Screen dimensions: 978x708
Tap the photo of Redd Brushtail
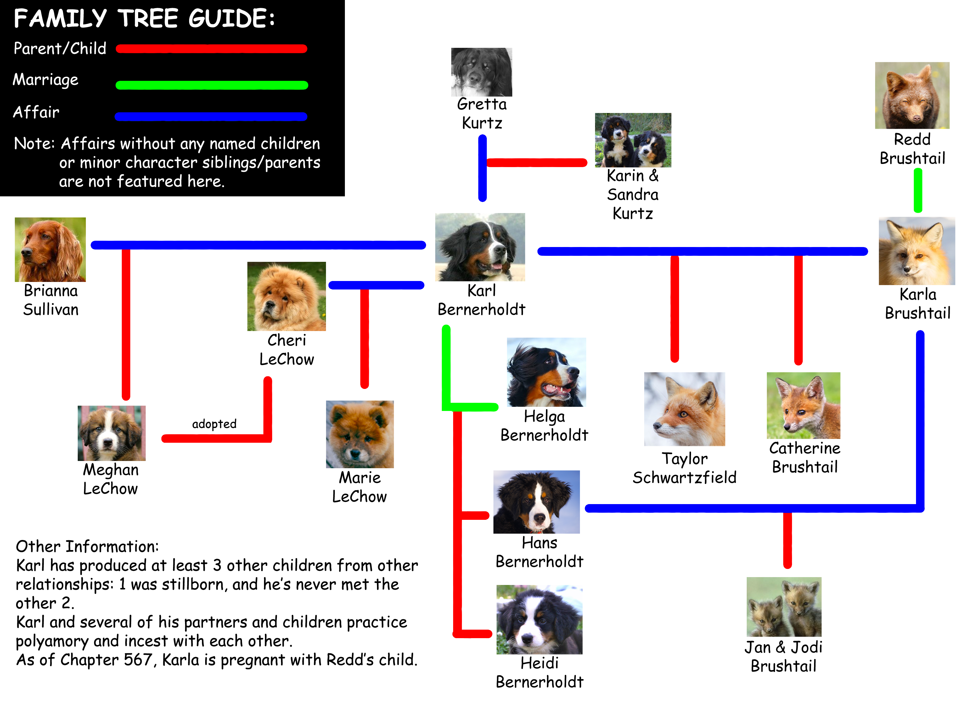pyautogui.click(x=912, y=95)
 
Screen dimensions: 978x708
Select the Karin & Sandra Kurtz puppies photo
pyautogui.click(x=633, y=140)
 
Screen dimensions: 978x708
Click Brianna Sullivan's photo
pyautogui.click(x=50, y=250)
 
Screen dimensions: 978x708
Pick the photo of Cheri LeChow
pyautogui.click(x=286, y=296)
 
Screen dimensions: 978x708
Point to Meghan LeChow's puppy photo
pyautogui.click(x=112, y=433)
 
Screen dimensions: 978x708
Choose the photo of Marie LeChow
pyautogui.click(x=360, y=435)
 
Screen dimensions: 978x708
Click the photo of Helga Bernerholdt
pyautogui.click(x=546, y=372)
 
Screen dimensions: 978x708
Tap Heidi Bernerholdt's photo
pyautogui.click(x=539, y=620)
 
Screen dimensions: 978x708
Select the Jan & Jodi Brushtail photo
pyautogui.click(x=784, y=607)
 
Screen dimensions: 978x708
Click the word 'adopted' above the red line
pyautogui.click(x=214, y=424)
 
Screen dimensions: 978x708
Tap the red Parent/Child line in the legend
pyautogui.click(x=211, y=49)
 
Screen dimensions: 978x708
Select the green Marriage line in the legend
pyautogui.click(x=212, y=85)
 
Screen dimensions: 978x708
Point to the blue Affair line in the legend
pyautogui.click(x=211, y=116)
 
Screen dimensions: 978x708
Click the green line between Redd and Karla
pyautogui.click(x=918, y=191)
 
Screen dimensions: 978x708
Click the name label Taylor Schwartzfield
pyautogui.click(x=684, y=468)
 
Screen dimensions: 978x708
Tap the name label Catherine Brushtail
pyautogui.click(x=805, y=458)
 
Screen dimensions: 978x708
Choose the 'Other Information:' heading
pyautogui.click(x=87, y=546)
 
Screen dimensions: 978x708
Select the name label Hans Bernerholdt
pyautogui.click(x=539, y=552)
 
